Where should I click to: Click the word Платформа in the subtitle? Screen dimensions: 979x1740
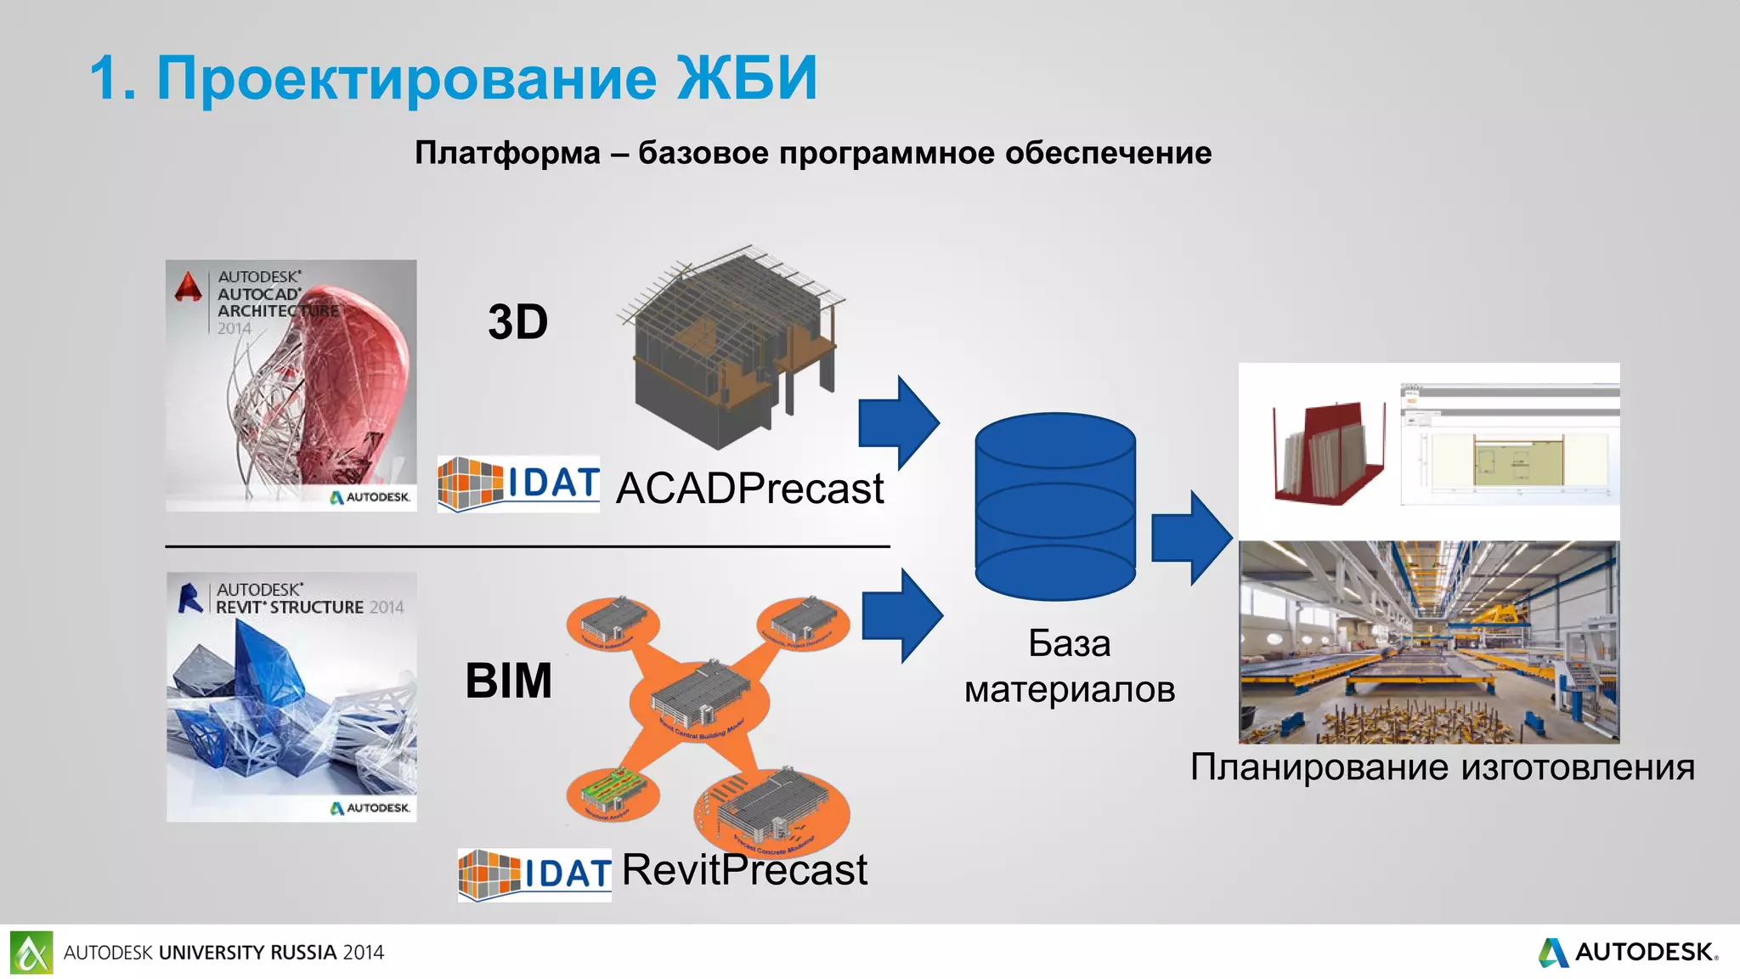[x=507, y=153]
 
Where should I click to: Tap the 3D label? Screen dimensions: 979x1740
[x=517, y=322]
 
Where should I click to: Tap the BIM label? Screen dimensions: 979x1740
[x=508, y=681]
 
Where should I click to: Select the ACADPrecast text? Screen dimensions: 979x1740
[x=749, y=489]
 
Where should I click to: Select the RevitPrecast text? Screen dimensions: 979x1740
[x=744, y=870]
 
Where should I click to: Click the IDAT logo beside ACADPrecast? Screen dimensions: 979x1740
[x=518, y=484]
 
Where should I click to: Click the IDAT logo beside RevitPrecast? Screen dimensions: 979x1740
[x=534, y=874]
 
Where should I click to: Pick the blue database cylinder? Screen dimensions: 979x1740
[x=1054, y=506]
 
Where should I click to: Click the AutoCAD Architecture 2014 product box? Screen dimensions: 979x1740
[x=291, y=385]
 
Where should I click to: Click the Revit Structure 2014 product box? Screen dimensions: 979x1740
[x=291, y=697]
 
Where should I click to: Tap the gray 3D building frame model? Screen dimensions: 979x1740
[x=731, y=348]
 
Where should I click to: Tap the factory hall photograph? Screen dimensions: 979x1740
[x=1429, y=642]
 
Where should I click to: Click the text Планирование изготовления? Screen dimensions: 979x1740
[x=1442, y=767]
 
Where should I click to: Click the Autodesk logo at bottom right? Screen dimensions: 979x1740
[x=1627, y=952]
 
